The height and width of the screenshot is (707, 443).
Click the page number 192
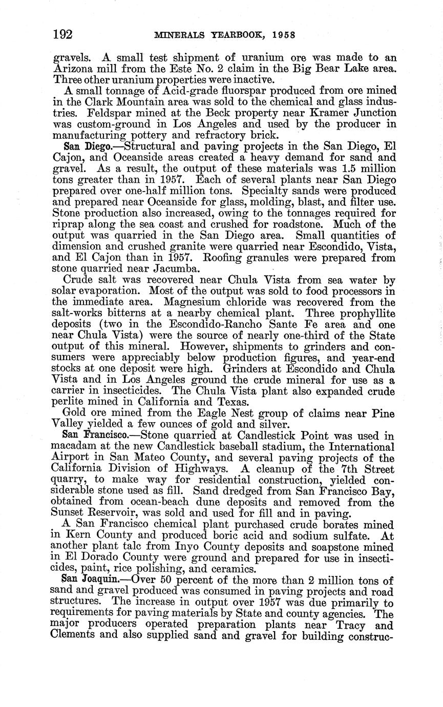63,34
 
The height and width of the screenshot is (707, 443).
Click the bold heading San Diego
83,147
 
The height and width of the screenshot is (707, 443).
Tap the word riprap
68,224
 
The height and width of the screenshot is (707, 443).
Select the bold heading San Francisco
93,436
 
